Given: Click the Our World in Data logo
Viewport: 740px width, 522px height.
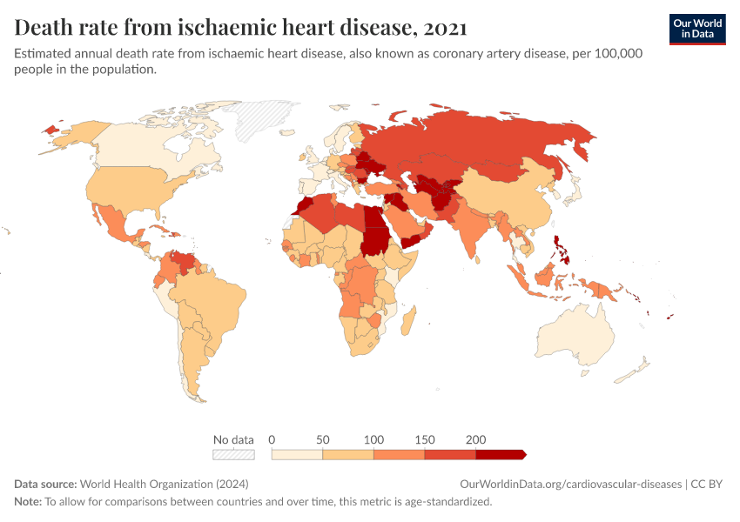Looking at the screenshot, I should pyautogui.click(x=696, y=29).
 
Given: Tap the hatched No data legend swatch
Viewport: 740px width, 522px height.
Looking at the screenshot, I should pyautogui.click(x=233, y=454).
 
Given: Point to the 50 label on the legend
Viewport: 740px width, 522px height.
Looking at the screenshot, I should pyautogui.click(x=323, y=439).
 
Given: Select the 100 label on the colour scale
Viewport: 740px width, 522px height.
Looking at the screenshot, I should pyautogui.click(x=373, y=439).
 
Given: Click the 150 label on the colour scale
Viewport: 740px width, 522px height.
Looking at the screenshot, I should pyautogui.click(x=425, y=439).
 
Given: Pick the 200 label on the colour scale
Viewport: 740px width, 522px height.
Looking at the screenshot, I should pyautogui.click(x=475, y=439).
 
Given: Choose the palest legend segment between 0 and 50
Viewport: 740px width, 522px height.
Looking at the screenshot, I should pyautogui.click(x=297, y=454).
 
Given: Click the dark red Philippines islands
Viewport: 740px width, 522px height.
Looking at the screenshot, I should pyautogui.click(x=563, y=249).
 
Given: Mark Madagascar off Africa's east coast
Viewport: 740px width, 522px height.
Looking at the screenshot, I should pyautogui.click(x=405, y=323).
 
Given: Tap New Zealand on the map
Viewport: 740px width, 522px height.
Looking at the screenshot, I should pyautogui.click(x=635, y=371).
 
